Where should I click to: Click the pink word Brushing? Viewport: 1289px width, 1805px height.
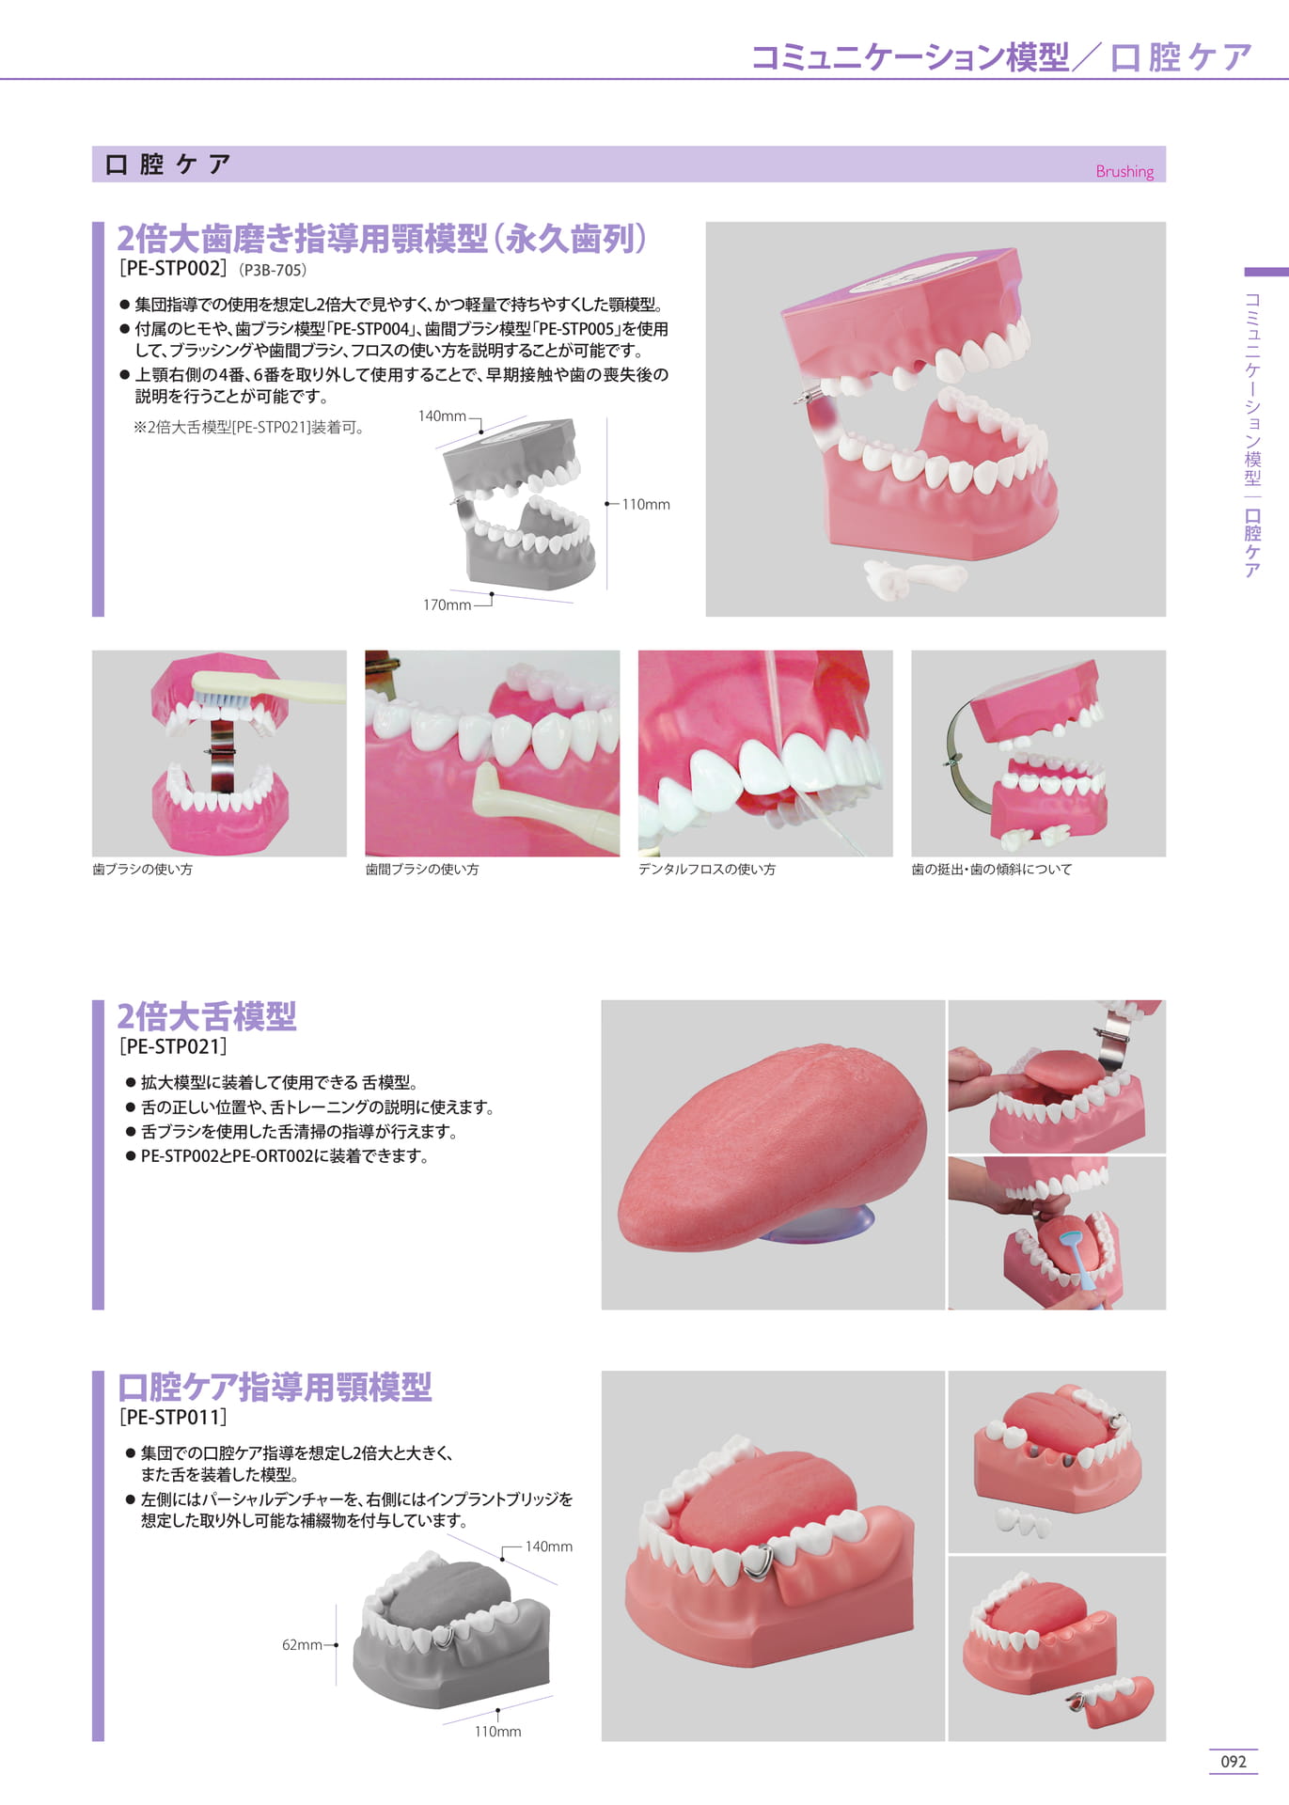[x=1124, y=171]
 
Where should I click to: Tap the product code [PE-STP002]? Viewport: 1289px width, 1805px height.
[x=173, y=269]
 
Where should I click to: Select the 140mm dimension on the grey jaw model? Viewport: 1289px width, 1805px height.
[x=442, y=416]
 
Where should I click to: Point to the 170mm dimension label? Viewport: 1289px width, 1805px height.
[x=447, y=604]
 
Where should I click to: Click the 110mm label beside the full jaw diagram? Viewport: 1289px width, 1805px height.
[x=646, y=504]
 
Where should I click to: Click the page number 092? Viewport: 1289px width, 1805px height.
[x=1234, y=1761]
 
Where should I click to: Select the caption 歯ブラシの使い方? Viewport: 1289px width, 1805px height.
[x=142, y=870]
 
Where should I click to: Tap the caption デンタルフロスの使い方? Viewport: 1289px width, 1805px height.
[x=707, y=870]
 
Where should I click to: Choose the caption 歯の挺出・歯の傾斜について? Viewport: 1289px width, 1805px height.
[x=992, y=870]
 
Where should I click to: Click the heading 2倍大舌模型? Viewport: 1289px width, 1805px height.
[x=207, y=1016]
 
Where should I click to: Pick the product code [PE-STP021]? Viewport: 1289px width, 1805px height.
[x=173, y=1046]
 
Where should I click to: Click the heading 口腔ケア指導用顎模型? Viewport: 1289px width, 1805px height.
[x=275, y=1387]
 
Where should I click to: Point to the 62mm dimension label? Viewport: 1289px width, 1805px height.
[x=302, y=1644]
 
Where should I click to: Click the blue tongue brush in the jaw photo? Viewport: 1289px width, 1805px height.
[x=1077, y=1258]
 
